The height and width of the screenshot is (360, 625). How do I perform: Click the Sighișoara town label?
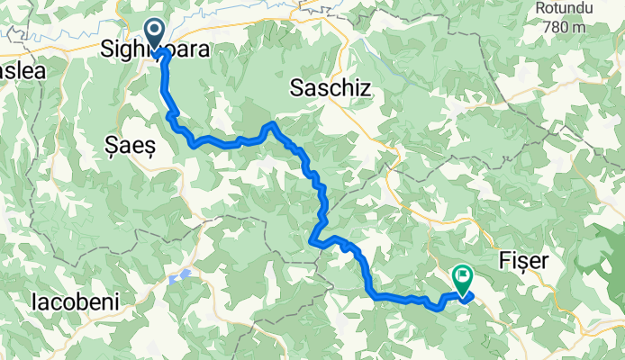155,49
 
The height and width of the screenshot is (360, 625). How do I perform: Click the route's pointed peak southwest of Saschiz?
271,123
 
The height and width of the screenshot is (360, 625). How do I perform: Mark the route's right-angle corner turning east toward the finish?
373,294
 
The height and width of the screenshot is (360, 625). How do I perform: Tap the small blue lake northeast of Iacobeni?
184,274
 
